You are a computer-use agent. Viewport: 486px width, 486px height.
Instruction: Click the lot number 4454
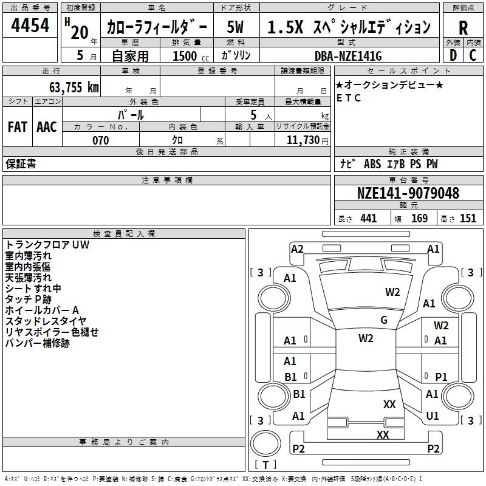(30, 26)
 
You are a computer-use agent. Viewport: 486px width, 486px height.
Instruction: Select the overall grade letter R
(463, 28)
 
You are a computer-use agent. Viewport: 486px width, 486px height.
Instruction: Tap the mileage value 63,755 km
(74, 87)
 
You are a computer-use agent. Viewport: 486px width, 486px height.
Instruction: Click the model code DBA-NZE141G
(348, 56)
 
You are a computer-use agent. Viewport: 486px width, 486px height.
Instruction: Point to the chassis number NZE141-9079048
(408, 193)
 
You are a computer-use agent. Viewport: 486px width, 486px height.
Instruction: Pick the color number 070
(101, 140)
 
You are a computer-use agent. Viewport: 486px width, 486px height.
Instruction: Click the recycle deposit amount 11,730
(303, 140)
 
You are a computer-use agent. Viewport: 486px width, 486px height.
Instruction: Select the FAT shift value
(18, 127)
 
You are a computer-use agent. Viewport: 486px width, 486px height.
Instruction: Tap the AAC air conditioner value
(47, 127)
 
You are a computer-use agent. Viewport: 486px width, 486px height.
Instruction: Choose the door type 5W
(235, 27)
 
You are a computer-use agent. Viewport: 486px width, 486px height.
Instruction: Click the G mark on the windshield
(384, 320)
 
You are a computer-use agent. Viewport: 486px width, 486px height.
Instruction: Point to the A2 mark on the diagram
(297, 249)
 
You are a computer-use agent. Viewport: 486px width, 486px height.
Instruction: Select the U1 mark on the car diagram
(433, 416)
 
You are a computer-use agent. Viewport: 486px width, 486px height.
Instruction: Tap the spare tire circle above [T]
(265, 443)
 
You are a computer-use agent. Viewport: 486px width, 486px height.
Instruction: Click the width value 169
(419, 218)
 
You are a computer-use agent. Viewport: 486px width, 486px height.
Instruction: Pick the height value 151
(468, 218)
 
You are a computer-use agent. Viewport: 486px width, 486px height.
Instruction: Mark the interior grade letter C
(473, 55)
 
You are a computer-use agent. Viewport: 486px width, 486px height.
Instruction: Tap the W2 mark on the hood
(392, 292)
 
